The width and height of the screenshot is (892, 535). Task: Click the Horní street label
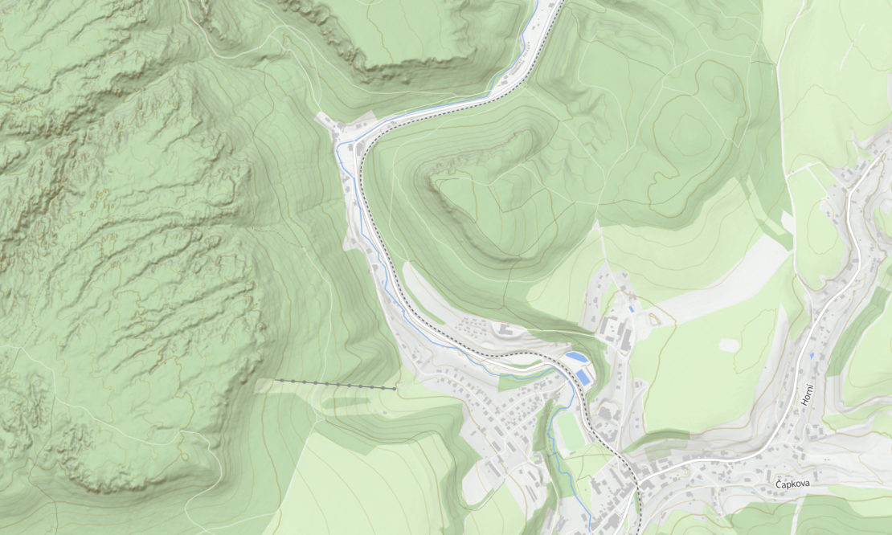coord(808,394)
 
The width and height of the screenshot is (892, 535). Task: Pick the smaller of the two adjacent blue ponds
coord(575,357)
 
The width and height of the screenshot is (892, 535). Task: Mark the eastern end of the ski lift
coord(395,389)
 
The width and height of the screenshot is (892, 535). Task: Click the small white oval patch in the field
coord(728,345)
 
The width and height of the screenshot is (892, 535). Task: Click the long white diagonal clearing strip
coord(723,281)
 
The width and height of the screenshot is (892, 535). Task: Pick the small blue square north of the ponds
coord(632,307)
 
